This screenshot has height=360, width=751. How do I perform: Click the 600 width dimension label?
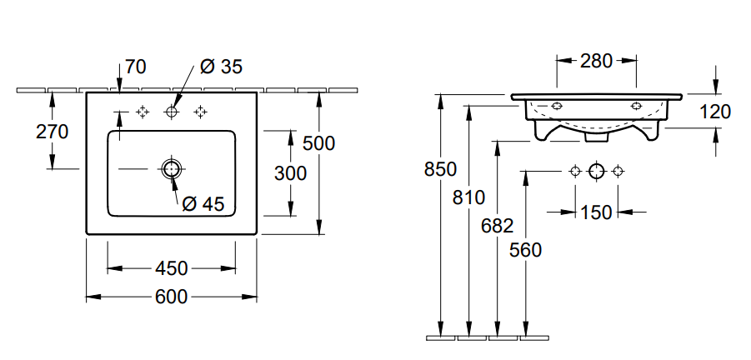pyautogui.click(x=171, y=297)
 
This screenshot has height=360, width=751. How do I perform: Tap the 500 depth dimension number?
pyautogui.click(x=318, y=143)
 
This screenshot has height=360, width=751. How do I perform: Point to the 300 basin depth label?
pyautogui.click(x=290, y=172)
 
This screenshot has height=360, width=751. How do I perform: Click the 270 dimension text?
pyautogui.click(x=52, y=131)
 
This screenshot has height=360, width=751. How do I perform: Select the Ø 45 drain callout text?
pyautogui.click(x=203, y=203)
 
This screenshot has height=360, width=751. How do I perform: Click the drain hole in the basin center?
pyautogui.click(x=172, y=169)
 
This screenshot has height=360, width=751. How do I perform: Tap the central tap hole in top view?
pyautogui.click(x=172, y=111)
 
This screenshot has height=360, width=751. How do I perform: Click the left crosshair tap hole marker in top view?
pyautogui.click(x=143, y=111)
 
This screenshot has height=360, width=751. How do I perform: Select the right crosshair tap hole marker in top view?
pyautogui.click(x=200, y=111)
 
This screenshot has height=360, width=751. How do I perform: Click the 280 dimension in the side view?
pyautogui.click(x=597, y=60)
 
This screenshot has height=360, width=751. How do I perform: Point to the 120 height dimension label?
pyautogui.click(x=714, y=112)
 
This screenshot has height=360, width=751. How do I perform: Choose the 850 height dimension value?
pyautogui.click(x=441, y=169)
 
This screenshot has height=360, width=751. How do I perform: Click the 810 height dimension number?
pyautogui.click(x=468, y=197)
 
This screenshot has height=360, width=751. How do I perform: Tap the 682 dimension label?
pyautogui.click(x=498, y=226)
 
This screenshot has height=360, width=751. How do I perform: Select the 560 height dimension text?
pyautogui.click(x=525, y=249)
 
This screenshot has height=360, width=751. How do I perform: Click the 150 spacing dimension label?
pyautogui.click(x=596, y=212)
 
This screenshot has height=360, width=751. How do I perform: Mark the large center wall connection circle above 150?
pyautogui.click(x=596, y=172)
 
